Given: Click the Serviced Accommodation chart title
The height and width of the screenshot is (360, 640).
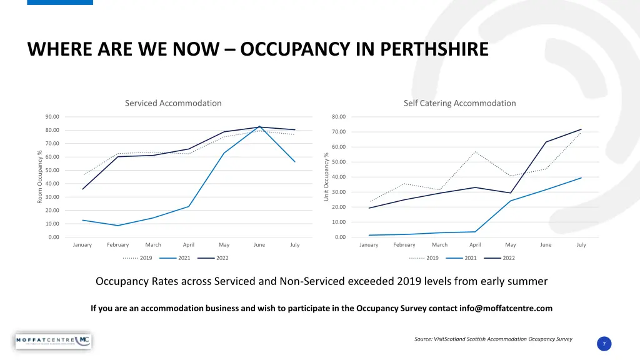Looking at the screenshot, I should tap(173, 103).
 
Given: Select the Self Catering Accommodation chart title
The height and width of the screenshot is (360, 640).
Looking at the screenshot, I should tap(459, 103).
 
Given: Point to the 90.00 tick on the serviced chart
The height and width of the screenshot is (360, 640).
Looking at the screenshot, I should tap(52, 117).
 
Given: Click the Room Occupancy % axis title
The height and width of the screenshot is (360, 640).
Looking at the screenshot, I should tap(40, 176).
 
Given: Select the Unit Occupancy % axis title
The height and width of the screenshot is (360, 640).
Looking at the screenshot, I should tap(326, 177).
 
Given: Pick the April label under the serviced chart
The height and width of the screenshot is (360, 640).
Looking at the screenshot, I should tap(188, 245).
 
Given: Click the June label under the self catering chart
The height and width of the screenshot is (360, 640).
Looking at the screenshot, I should tap(546, 245).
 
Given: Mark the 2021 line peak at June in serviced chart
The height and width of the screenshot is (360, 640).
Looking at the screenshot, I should tap(259, 126).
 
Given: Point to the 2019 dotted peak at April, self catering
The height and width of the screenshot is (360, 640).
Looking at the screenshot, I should tap(475, 152).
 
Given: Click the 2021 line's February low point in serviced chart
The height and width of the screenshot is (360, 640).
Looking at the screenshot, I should tap(117, 226).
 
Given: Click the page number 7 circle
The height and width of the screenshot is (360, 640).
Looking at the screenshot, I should tap(604, 344).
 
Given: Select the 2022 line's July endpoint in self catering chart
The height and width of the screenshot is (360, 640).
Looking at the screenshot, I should tap(581, 129).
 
